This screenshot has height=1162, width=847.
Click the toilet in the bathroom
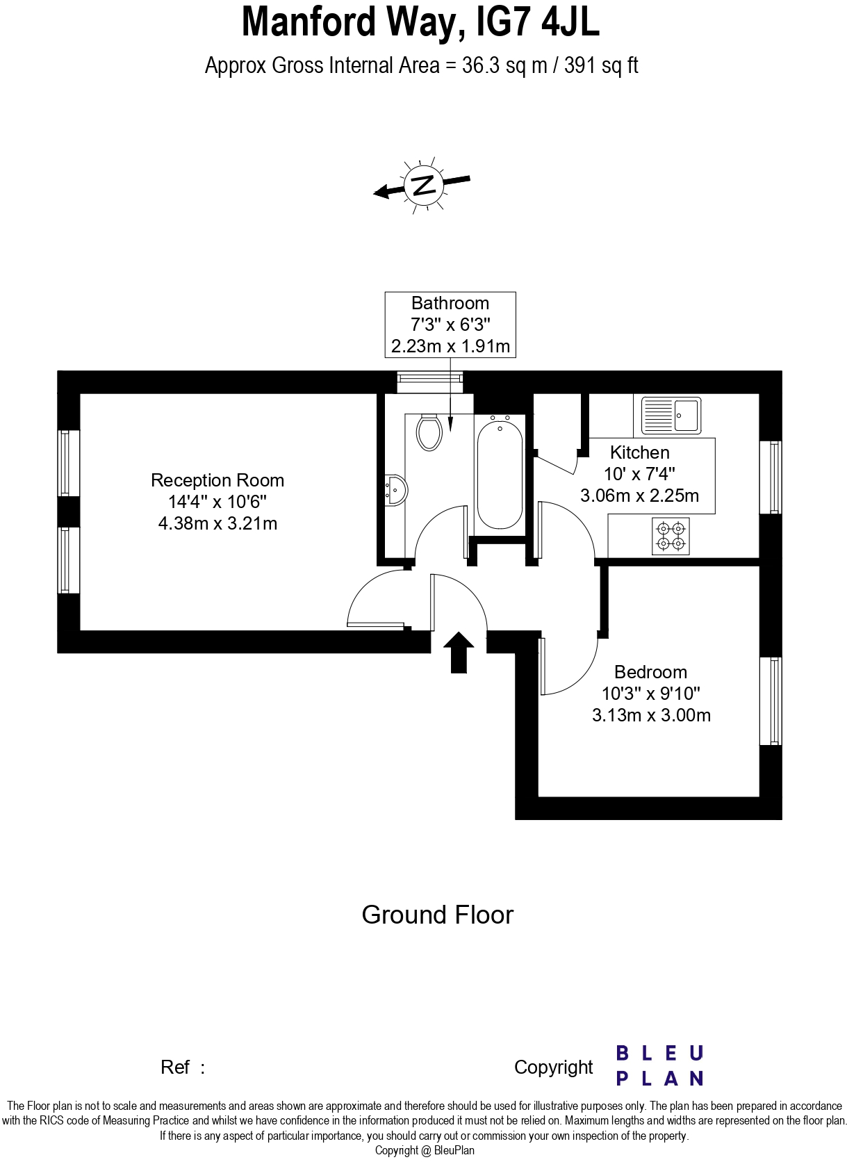coord(429,432)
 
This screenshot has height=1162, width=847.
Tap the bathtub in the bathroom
coord(499,473)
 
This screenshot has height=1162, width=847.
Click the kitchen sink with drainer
coord(671,414)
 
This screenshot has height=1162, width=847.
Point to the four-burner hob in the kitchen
coord(671,536)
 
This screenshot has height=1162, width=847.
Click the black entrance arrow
coord(459,652)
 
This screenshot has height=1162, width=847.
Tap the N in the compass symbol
coord(423,185)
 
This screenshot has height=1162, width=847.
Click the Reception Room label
coord(217,480)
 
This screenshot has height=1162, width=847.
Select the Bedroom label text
coord(650,672)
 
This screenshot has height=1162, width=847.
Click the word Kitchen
coord(639,452)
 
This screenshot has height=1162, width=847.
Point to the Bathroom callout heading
coord(450,303)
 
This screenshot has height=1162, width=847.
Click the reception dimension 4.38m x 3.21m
coord(217,523)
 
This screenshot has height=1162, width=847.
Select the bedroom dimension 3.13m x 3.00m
coord(651,715)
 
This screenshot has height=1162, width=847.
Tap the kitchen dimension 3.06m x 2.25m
coord(639,496)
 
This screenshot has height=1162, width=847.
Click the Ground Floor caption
coord(437,915)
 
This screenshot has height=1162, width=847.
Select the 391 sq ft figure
coord(601,65)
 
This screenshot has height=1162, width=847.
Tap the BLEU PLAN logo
coord(659,1065)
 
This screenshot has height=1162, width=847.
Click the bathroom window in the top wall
coord(429,379)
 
